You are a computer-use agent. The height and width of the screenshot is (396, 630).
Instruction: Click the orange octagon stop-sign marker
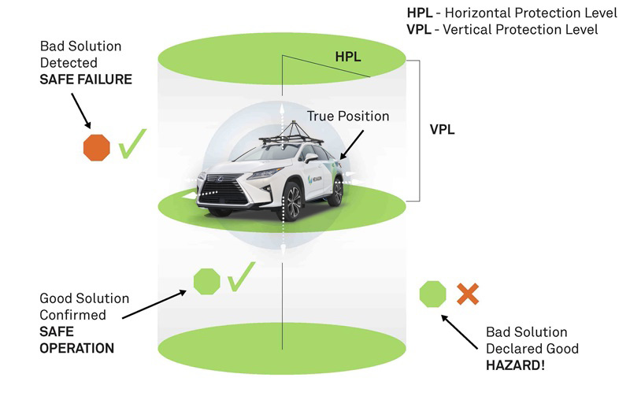tap(97, 146)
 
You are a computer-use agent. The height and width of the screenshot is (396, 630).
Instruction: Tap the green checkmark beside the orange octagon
tap(133, 146)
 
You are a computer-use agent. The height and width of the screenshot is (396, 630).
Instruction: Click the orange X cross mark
tap(468, 294)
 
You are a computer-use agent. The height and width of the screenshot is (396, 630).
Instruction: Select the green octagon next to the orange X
tap(432, 294)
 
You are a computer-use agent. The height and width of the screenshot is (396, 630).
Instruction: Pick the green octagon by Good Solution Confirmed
tap(206, 280)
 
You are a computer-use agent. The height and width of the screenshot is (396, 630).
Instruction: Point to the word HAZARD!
tap(512, 365)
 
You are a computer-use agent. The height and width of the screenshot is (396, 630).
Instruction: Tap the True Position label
tap(348, 117)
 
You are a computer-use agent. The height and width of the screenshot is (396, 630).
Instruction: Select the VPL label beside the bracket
tap(443, 128)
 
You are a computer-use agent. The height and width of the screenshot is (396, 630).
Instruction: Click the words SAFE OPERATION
tap(76, 340)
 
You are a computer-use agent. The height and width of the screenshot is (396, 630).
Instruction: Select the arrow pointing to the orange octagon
tap(80, 109)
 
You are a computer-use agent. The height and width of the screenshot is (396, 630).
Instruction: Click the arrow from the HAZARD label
tap(461, 333)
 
